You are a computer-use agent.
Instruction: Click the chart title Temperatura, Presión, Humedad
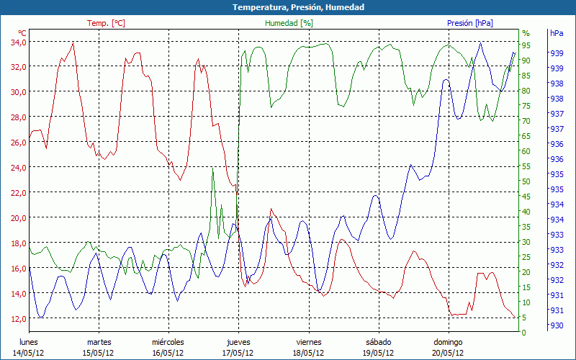[x=288, y=7]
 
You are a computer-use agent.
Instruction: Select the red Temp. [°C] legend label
[x=106, y=23]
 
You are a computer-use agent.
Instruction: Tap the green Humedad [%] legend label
[x=289, y=23]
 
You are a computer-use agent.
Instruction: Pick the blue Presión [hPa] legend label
[x=469, y=23]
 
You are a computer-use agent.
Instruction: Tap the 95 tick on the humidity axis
[x=526, y=45]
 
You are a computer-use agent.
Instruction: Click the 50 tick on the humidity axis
[x=526, y=181]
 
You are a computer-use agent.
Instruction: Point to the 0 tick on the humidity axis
[x=524, y=333]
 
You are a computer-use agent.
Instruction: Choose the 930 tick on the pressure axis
[x=557, y=325]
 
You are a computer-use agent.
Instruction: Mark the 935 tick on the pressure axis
[x=557, y=174]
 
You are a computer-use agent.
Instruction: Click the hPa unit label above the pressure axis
[x=557, y=33]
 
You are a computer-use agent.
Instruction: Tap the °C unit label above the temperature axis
[x=22, y=33]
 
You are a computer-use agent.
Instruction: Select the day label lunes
[x=28, y=342]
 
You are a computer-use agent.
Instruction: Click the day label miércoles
[x=168, y=342]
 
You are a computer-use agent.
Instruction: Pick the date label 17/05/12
[x=238, y=353]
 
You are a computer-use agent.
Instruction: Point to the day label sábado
[x=378, y=342]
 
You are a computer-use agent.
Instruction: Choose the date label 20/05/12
[x=448, y=353]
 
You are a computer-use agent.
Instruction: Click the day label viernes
[x=308, y=342]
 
